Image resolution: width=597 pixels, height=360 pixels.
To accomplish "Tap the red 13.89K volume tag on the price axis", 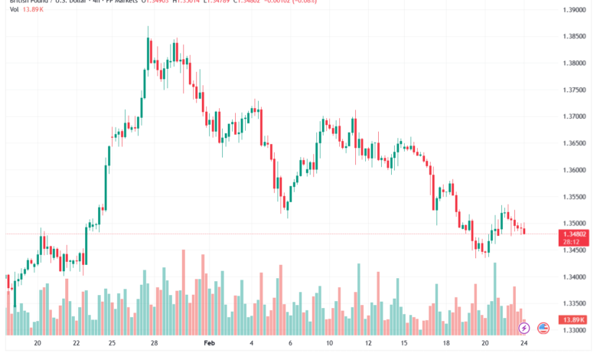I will pos(573,319).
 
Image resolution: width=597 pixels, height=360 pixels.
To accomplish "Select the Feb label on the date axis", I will pos(210,344).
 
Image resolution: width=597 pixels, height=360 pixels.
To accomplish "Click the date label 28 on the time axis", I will pos(154,344).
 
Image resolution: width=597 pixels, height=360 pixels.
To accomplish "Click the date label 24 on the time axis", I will pos(523,344).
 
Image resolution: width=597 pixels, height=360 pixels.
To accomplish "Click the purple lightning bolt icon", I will pos(524,328).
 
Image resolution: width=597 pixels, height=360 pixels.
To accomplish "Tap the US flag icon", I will pos(543,328).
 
